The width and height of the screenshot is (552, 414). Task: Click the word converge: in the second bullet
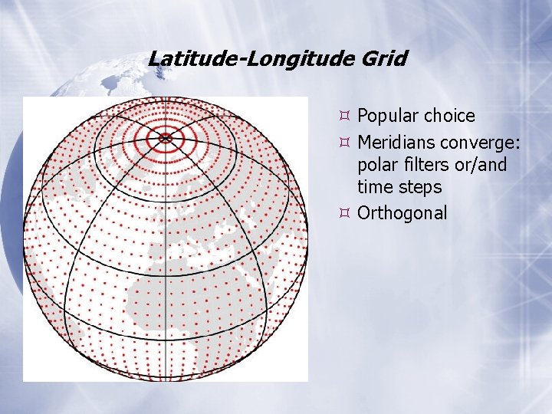[483, 143]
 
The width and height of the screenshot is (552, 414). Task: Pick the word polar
[376, 165]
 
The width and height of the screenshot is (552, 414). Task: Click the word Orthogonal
[402, 213]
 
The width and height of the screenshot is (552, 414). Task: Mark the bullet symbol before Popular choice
[345, 117]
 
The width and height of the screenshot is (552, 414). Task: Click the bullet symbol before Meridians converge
[345, 143]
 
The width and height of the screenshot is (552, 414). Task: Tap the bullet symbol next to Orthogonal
[345, 213]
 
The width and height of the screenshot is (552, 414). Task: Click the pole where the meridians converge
[166, 138]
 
